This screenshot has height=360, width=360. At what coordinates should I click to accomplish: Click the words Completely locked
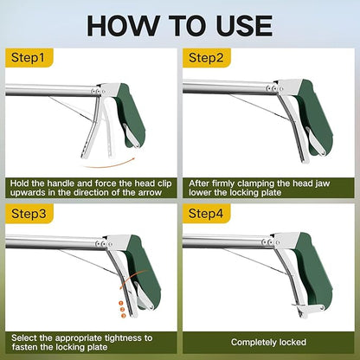[269, 343]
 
